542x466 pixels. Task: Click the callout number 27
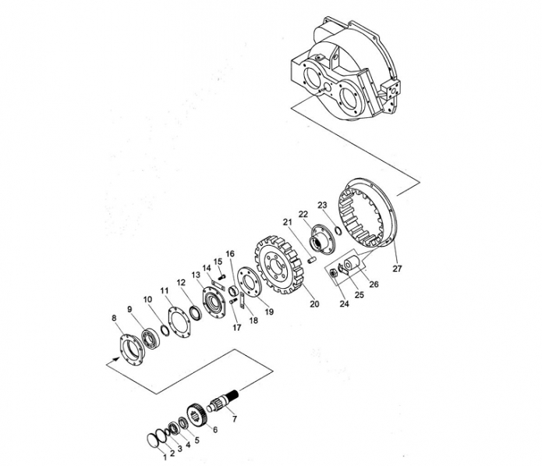coord(397,269)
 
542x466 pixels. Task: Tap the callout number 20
coord(314,304)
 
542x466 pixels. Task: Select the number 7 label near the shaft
coord(235,419)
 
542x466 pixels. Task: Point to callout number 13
coord(196,274)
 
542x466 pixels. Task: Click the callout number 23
coord(322,205)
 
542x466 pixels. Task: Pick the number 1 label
coord(165,457)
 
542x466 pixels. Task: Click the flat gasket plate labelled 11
coord(179,321)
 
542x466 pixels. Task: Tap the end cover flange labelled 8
coord(131,350)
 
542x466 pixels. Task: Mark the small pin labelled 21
coord(311,259)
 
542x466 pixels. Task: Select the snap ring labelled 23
coord(338,230)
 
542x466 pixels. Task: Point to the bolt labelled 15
coord(221,276)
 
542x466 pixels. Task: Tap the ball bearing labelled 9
coord(151,339)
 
